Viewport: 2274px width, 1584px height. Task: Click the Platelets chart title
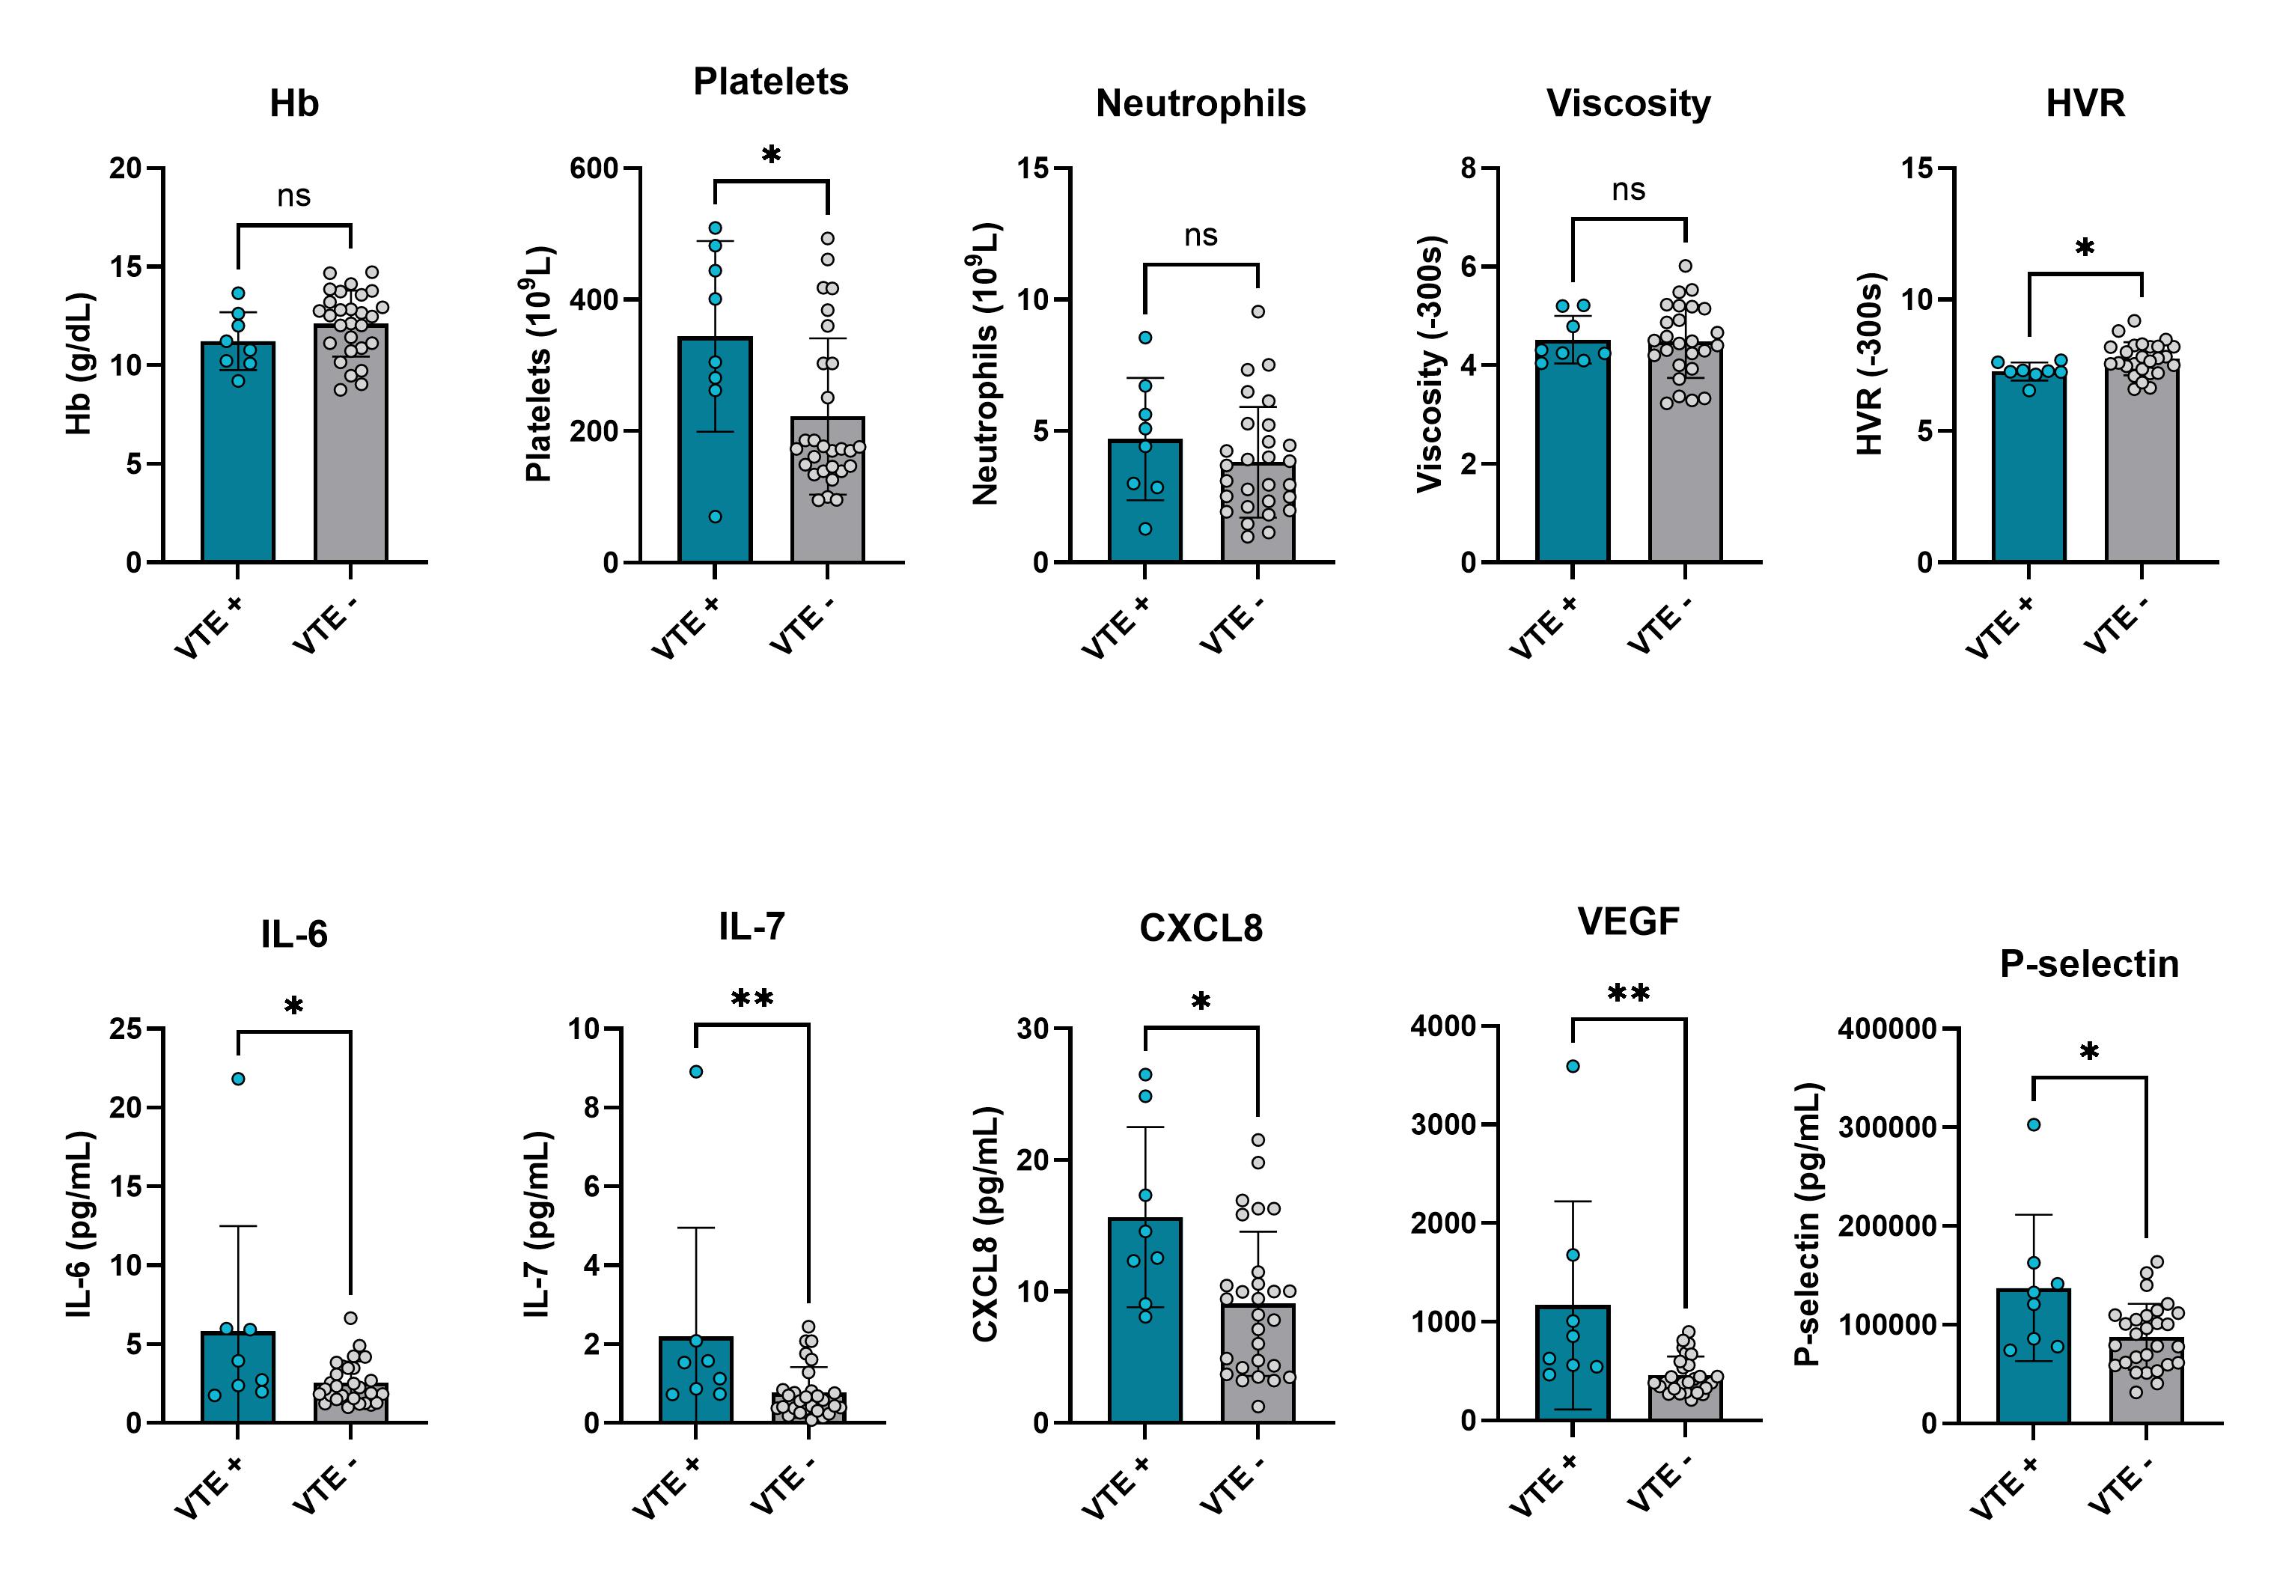click(770, 82)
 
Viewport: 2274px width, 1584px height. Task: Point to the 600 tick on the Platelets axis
click(594, 168)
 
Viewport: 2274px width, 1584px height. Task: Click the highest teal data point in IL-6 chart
click(238, 1079)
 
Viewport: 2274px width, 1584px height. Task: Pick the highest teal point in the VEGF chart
click(1573, 1066)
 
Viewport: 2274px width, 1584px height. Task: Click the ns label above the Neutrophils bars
click(1201, 236)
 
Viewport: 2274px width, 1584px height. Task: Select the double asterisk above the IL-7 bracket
click(752, 999)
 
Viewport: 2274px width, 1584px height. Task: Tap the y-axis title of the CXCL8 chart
click(986, 1225)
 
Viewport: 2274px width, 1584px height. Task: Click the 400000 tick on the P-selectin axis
click(1887, 1029)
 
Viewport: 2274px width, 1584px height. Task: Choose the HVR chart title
click(2085, 104)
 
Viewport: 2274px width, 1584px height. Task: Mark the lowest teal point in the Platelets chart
click(715, 516)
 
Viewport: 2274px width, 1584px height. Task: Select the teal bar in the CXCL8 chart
click(1145, 1327)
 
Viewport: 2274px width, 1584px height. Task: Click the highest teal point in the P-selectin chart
click(2033, 1124)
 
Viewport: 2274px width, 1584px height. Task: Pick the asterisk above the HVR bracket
click(2085, 248)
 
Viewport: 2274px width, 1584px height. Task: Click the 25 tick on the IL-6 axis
click(126, 1029)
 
